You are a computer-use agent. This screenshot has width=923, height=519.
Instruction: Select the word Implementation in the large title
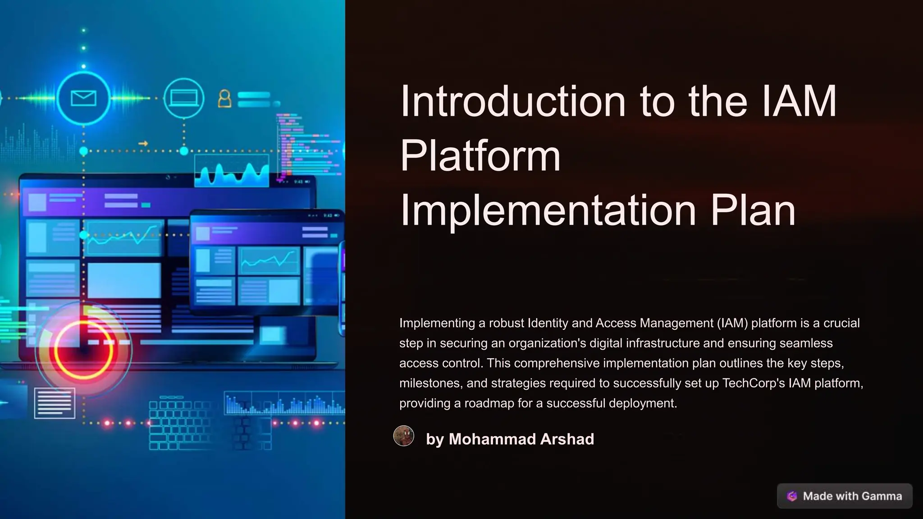548,210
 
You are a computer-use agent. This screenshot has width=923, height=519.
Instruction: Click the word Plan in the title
753,210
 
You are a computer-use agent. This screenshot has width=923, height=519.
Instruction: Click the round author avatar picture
404,436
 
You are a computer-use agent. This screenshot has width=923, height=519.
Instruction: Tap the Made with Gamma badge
845,496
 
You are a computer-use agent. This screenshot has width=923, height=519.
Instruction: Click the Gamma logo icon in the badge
792,496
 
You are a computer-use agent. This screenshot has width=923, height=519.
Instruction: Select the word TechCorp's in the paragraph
754,383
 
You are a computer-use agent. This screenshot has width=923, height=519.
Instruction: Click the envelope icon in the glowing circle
84,98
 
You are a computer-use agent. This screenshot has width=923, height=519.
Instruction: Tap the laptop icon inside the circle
183,98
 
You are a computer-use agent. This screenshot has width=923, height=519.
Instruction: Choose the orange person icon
224,99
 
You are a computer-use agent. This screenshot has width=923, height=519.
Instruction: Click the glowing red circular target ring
83,350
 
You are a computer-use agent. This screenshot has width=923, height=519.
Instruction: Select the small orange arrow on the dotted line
143,144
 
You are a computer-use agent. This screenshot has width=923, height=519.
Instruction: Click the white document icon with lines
55,403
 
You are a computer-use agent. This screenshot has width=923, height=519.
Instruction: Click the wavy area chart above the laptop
232,171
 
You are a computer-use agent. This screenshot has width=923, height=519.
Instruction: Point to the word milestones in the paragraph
430,383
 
